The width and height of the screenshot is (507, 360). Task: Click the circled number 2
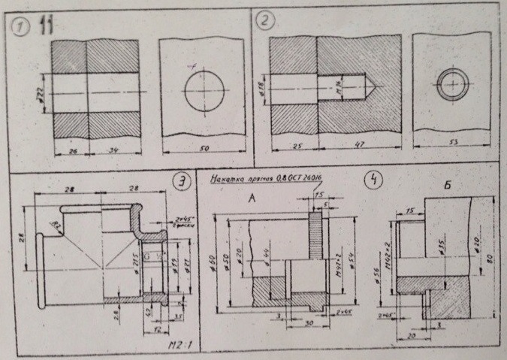(265, 22)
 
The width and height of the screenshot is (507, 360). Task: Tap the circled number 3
(180, 182)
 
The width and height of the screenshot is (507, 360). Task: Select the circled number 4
(370, 181)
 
